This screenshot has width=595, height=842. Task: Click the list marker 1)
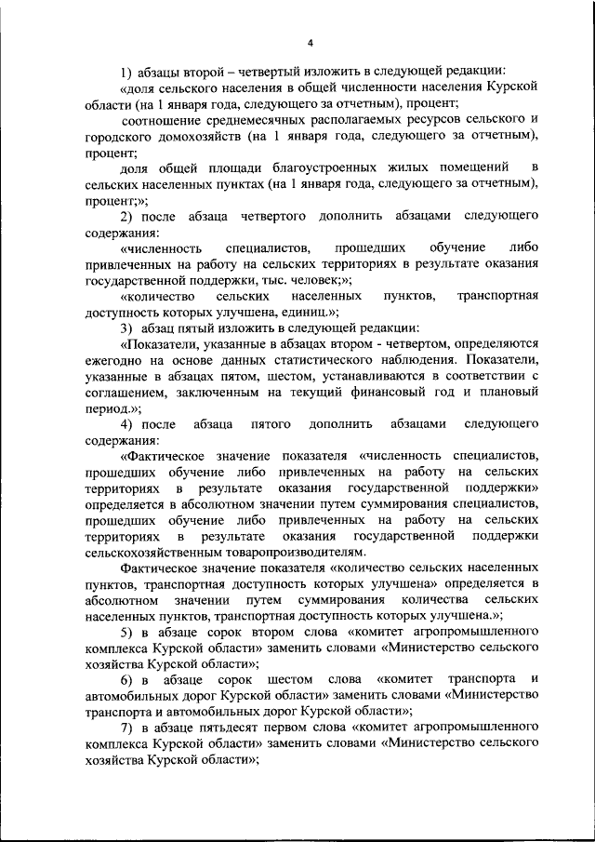tap(127, 73)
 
